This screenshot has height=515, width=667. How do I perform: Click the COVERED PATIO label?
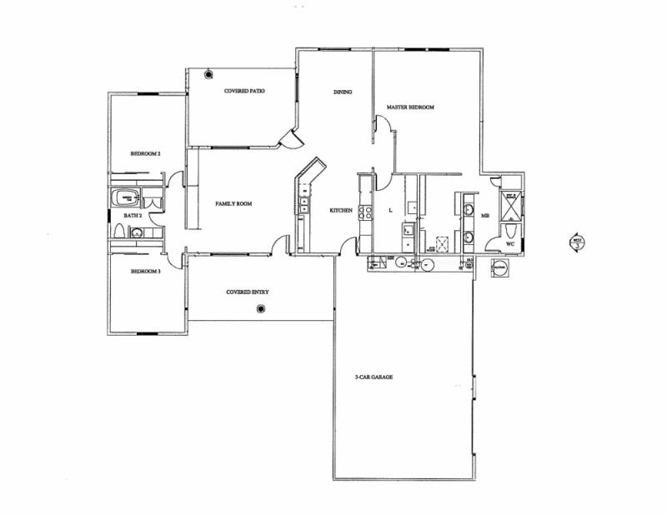tap(244, 90)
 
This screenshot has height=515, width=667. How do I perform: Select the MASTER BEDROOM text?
tap(410, 107)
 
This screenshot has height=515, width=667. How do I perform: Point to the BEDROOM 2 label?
tap(145, 154)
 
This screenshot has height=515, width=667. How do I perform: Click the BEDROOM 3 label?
tap(145, 272)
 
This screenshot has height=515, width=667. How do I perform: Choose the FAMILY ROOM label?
tap(233, 203)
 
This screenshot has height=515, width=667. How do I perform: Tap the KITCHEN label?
tap(341, 210)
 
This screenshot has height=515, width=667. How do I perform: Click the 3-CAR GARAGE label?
tap(374, 377)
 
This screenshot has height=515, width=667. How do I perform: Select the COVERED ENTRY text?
tap(248, 292)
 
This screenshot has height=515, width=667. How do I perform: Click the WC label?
tap(511, 244)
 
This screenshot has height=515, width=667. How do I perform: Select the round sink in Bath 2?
tap(136, 233)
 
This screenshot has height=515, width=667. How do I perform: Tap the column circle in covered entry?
tap(261, 309)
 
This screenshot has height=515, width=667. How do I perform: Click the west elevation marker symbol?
tap(576, 242)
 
